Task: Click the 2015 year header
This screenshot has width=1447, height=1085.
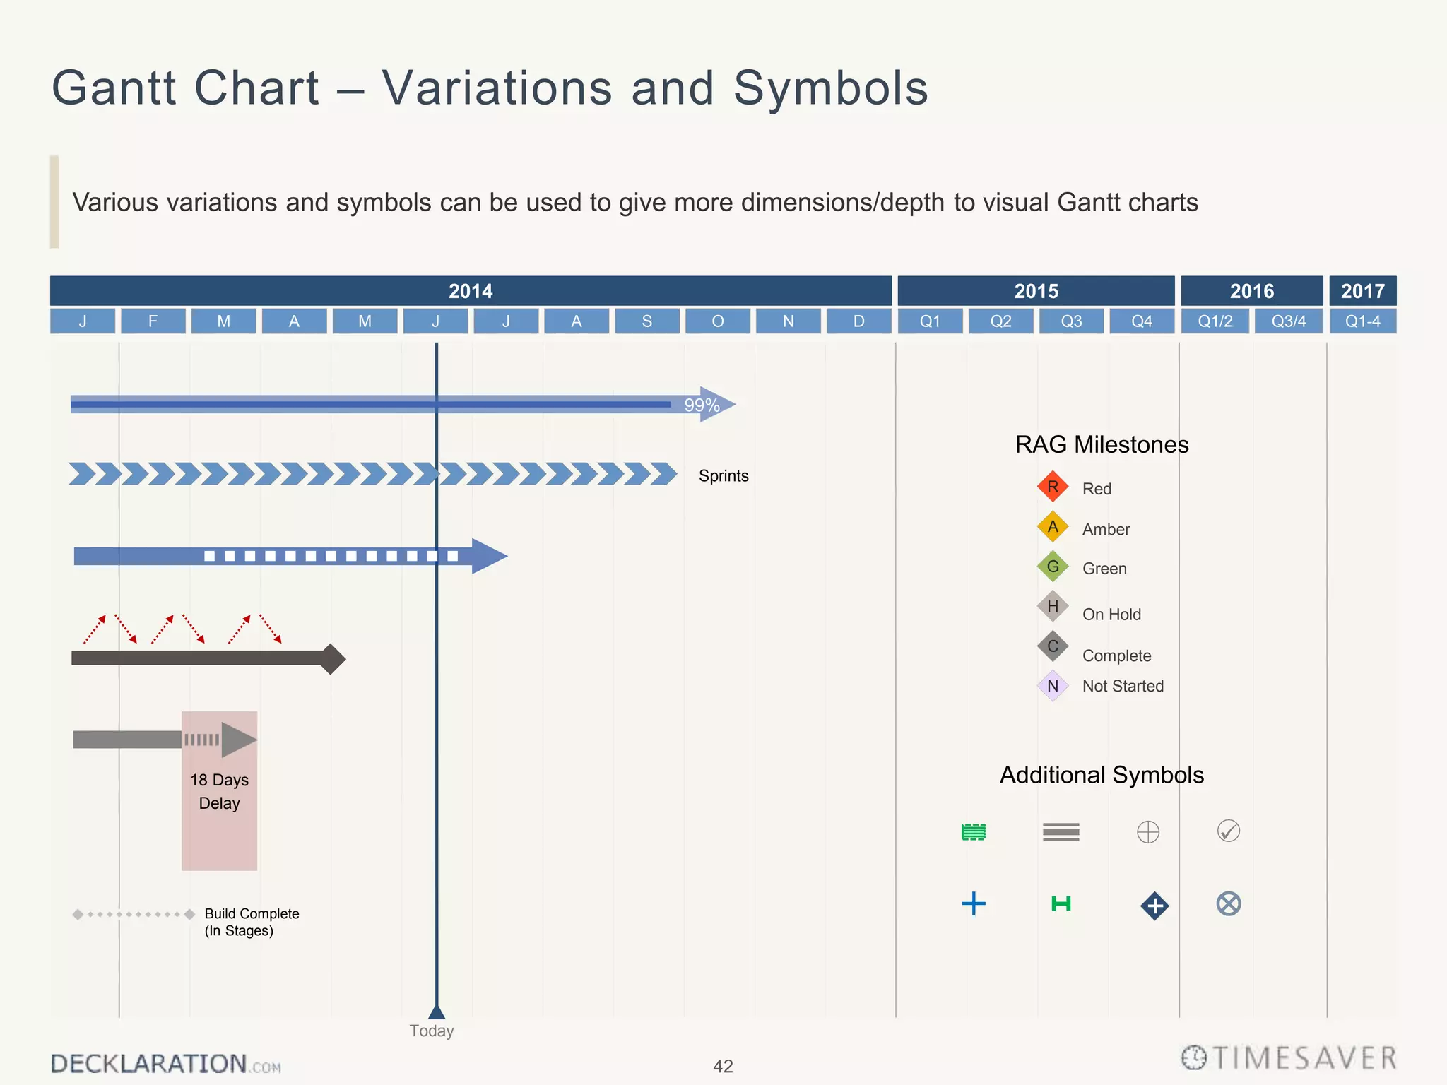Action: pyautogui.click(x=1036, y=291)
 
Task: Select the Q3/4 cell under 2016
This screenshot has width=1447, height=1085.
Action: pyautogui.click(x=1288, y=321)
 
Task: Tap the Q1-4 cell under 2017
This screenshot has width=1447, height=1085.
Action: pyautogui.click(x=1362, y=321)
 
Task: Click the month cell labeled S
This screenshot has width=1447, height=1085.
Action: pyautogui.click(x=646, y=321)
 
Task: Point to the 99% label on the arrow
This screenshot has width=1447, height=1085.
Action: pyautogui.click(x=702, y=405)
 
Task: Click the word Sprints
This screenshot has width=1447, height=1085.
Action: pyautogui.click(x=723, y=476)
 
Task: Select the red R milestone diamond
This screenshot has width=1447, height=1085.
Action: pyautogui.click(x=1053, y=487)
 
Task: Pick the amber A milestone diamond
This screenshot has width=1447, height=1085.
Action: pyautogui.click(x=1053, y=527)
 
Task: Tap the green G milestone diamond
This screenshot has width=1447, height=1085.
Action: pyautogui.click(x=1053, y=567)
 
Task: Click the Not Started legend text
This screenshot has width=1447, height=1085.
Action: pyautogui.click(x=1123, y=686)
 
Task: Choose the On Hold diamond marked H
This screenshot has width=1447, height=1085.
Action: pyautogui.click(x=1053, y=606)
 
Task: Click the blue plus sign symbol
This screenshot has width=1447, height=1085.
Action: pyautogui.click(x=974, y=903)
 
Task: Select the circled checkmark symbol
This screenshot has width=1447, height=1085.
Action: pyautogui.click(x=1229, y=831)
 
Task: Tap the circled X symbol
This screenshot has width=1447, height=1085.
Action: pyautogui.click(x=1229, y=903)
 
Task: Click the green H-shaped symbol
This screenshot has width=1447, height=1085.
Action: pyautogui.click(x=1061, y=903)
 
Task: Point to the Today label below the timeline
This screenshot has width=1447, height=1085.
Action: pyautogui.click(x=431, y=1031)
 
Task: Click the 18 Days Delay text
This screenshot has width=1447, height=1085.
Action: pyautogui.click(x=219, y=791)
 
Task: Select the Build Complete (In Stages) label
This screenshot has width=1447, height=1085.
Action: pyautogui.click(x=252, y=922)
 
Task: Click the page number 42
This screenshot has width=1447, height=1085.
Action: pyautogui.click(x=723, y=1066)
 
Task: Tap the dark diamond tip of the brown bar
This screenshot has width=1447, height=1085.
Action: pyautogui.click(x=331, y=659)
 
